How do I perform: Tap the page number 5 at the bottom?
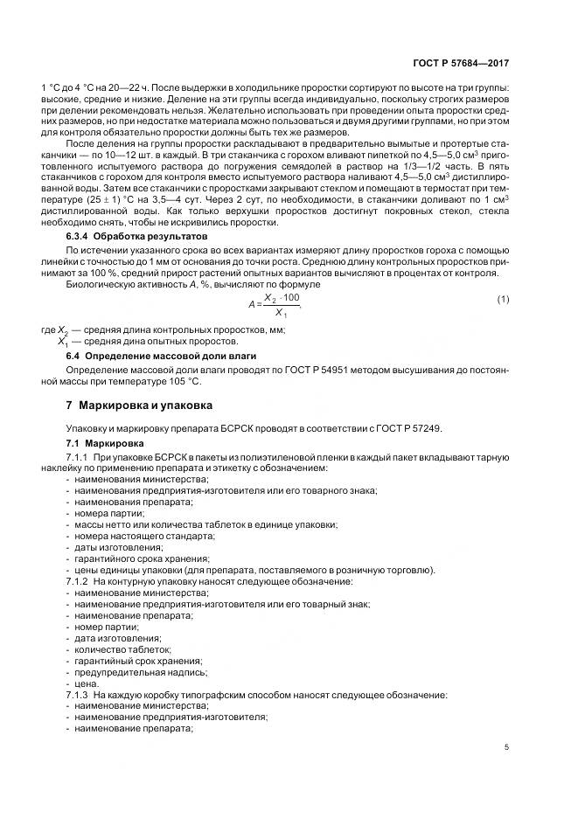click(x=507, y=746)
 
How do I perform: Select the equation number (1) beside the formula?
click(x=503, y=301)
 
